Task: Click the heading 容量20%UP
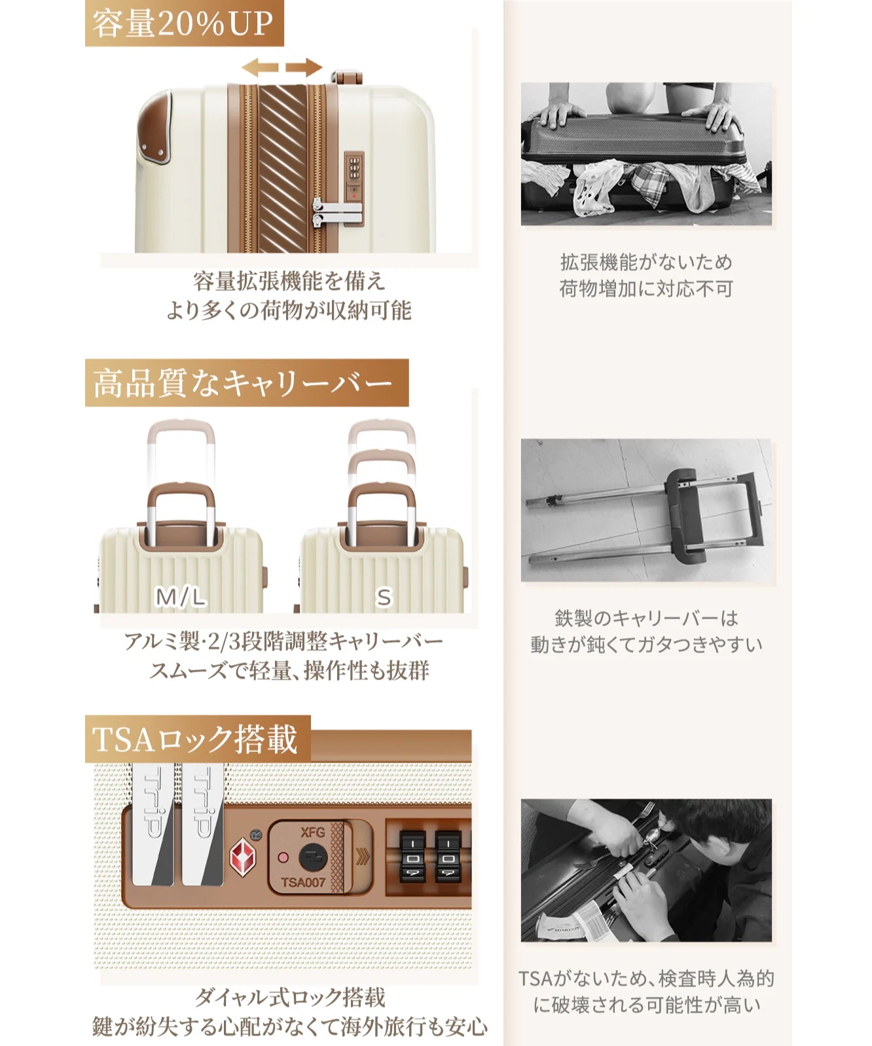[183, 24]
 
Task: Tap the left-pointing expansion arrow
[260, 67]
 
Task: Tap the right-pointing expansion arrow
[304, 67]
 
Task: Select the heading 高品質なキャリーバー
[243, 383]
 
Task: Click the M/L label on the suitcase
[180, 597]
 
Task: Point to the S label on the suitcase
[383, 597]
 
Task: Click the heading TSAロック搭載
[195, 739]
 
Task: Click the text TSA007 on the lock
[303, 882]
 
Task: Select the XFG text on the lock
[312, 833]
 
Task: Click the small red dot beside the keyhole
[283, 857]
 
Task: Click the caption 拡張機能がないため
[646, 262]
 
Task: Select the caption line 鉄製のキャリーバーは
[646, 618]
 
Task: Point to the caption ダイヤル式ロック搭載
[290, 997]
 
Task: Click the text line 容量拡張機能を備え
[289, 281]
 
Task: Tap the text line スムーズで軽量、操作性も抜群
[289, 670]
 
